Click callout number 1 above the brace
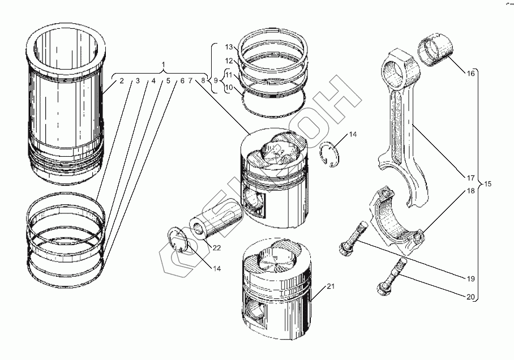coord(164,65)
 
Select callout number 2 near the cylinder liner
coord(122,80)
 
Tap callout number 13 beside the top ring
coord(229,47)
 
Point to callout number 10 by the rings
coord(229,87)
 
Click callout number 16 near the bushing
coord(470,74)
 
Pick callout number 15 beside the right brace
coord(487,184)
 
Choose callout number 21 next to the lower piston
coord(331,286)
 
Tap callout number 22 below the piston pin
coord(217,248)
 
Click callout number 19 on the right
coord(470,279)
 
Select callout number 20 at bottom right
coord(470,297)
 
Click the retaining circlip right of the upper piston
coord(330,153)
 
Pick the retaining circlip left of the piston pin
coord(177,241)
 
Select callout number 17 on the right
coord(470,178)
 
